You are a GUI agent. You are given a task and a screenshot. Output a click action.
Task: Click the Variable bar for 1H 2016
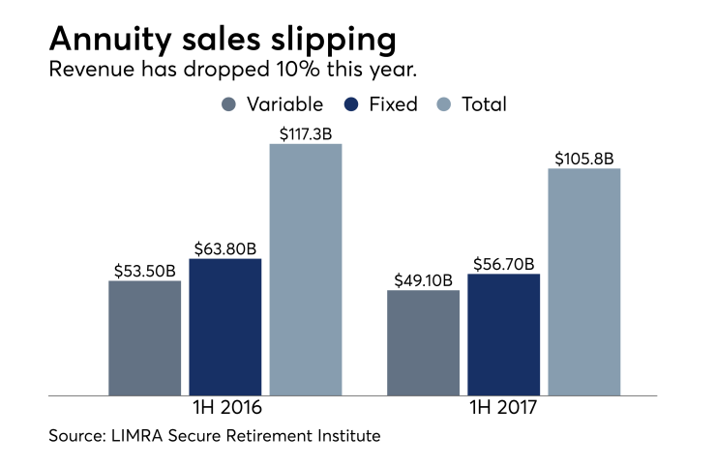(x=145, y=338)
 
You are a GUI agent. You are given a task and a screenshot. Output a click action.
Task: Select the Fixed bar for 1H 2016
(x=225, y=327)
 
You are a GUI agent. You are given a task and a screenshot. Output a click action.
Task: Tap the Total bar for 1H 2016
(x=306, y=270)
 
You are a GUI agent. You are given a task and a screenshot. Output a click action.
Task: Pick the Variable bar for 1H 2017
(x=424, y=342)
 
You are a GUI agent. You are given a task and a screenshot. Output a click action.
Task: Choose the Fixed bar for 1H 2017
(x=504, y=335)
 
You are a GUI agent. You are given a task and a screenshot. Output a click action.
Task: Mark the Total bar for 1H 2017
(x=584, y=282)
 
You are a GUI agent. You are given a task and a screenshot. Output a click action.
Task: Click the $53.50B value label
(x=145, y=270)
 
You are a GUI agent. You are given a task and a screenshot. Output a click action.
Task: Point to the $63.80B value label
(x=225, y=248)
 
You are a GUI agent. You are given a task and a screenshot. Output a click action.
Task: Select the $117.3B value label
(x=306, y=133)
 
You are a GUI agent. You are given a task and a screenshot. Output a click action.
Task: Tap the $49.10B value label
(x=424, y=279)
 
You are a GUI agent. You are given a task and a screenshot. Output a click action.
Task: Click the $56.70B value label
(x=504, y=263)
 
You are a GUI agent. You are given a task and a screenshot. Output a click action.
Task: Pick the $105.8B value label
(x=584, y=158)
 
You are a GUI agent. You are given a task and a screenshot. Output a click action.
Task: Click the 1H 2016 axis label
(x=225, y=410)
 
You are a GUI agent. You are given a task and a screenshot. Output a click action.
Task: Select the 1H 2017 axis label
(x=504, y=410)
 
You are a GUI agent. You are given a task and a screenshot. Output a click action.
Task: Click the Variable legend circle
(x=228, y=104)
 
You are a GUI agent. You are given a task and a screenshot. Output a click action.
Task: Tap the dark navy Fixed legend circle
(x=351, y=104)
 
